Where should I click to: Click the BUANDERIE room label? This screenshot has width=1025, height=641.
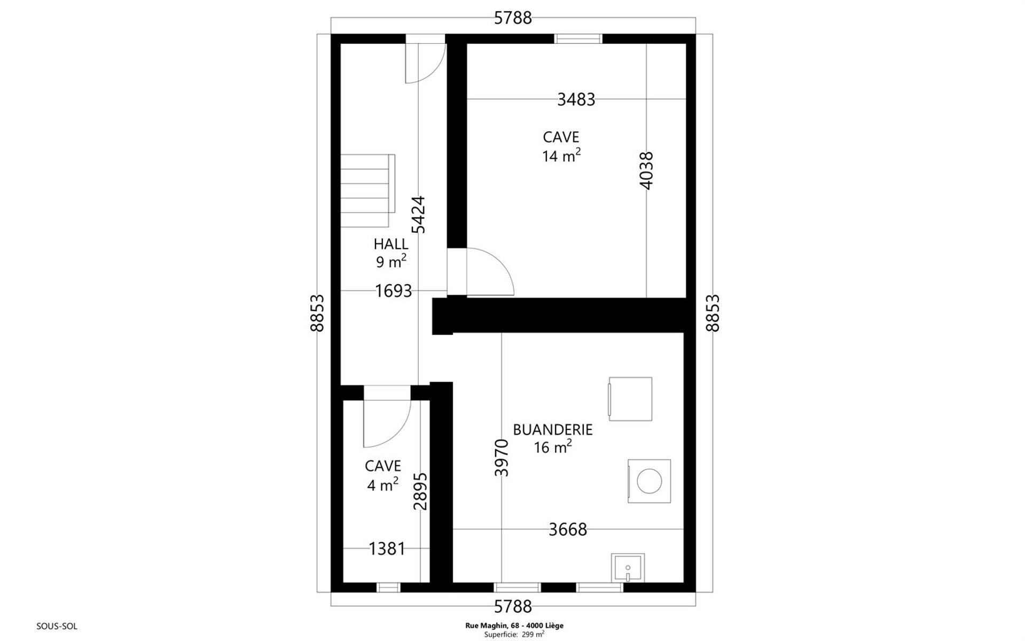point(553,429)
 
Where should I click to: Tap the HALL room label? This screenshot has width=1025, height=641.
point(391,244)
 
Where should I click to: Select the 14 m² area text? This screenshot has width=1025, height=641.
point(561,155)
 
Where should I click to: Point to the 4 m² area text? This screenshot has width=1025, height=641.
point(382,484)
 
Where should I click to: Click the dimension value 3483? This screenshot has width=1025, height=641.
point(576,99)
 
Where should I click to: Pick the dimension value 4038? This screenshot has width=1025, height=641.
point(646,170)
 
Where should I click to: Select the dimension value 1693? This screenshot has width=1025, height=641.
point(394,291)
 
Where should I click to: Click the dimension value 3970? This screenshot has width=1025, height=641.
point(502,458)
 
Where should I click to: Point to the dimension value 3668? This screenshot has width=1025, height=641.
point(568,529)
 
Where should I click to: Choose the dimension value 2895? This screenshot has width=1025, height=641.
point(421,491)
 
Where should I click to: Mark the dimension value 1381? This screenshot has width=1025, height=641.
point(387,549)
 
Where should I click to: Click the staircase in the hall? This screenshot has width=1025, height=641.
point(367,191)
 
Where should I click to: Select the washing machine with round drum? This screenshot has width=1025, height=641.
point(649,481)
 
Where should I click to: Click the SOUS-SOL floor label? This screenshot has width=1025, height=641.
point(57,626)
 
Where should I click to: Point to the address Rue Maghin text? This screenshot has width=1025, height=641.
point(513,625)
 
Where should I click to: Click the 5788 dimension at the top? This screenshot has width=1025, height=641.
point(513,18)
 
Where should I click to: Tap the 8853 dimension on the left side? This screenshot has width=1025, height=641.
point(317,313)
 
